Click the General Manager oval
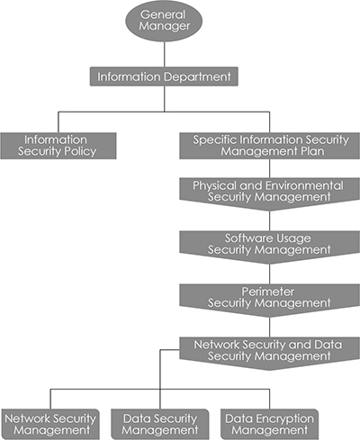pyautogui.click(x=164, y=21)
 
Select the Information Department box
pyautogui.click(x=164, y=76)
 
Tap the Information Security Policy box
pyautogui.click(x=58, y=146)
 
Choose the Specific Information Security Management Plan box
pyautogui.click(x=269, y=146)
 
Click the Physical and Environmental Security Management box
pyautogui.click(x=269, y=193)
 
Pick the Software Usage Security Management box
pyautogui.click(x=269, y=246)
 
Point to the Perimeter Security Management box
pyautogui.click(x=269, y=299)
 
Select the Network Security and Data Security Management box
pyautogui.click(x=269, y=352)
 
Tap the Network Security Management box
pyautogui.click(x=50, y=425)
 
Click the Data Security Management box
pyautogui.click(x=160, y=425)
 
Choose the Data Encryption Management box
pyautogui.click(x=269, y=425)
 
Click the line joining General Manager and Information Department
pyautogui.click(x=164, y=54)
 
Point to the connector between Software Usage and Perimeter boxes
pyautogui.click(x=269, y=274)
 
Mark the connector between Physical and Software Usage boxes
pyautogui.click(x=269, y=221)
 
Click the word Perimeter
pyautogui.click(x=268, y=292)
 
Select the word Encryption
pyautogui.click(x=283, y=419)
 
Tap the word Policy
pyautogui.click(x=80, y=152)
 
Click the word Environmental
pyautogui.click(x=305, y=185)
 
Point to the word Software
pyautogui.click(x=245, y=238)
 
